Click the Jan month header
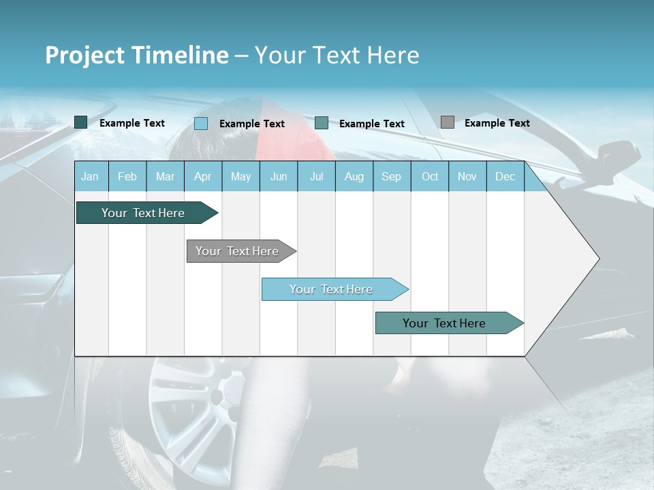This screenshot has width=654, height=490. click(90, 176)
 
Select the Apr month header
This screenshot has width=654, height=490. click(202, 176)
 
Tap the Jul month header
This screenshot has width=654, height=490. click(316, 176)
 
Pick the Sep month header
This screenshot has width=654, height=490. click(391, 176)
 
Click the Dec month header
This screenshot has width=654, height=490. click(505, 176)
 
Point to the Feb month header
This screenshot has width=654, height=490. click(127, 176)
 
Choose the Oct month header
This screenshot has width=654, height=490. click(430, 176)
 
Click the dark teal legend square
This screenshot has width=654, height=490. click(80, 122)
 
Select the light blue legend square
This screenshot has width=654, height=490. click(201, 123)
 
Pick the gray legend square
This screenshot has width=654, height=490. click(448, 122)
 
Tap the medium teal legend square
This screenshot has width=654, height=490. click(322, 123)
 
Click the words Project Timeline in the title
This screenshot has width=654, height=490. click(137, 55)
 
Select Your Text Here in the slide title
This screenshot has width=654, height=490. click(337, 55)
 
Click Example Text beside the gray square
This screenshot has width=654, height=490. click(497, 122)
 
